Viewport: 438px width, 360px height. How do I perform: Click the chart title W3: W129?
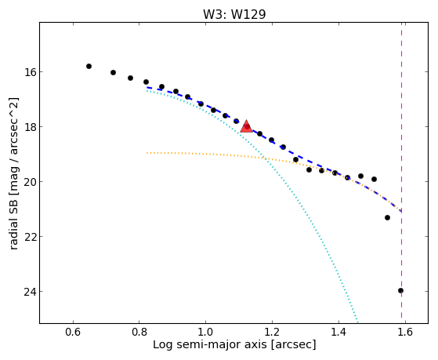(234, 14)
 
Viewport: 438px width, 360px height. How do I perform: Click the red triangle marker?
(246, 126)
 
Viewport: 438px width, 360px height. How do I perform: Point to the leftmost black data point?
(89, 67)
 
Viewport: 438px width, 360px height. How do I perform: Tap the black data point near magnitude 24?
(400, 291)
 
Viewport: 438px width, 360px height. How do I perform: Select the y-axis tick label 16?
(30, 72)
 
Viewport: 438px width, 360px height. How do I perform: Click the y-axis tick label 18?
(30, 127)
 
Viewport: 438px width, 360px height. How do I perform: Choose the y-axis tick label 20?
(30, 181)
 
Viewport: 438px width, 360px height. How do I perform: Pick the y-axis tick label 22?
(30, 236)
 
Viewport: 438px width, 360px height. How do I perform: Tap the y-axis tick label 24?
(30, 292)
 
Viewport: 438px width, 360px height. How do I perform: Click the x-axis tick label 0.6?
(73, 332)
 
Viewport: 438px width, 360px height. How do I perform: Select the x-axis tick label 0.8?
(139, 332)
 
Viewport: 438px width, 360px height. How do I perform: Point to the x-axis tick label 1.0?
(205, 332)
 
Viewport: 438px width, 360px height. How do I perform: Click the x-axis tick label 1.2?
(272, 332)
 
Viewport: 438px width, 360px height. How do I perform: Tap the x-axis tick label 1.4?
(338, 332)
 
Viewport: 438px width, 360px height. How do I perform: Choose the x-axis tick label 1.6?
(405, 332)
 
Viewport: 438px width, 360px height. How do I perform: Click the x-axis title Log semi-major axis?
(210, 344)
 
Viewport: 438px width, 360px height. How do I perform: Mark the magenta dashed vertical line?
(402, 173)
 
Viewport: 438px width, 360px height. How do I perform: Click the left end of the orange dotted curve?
(147, 153)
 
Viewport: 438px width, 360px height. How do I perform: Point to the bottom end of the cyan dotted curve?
(357, 322)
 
